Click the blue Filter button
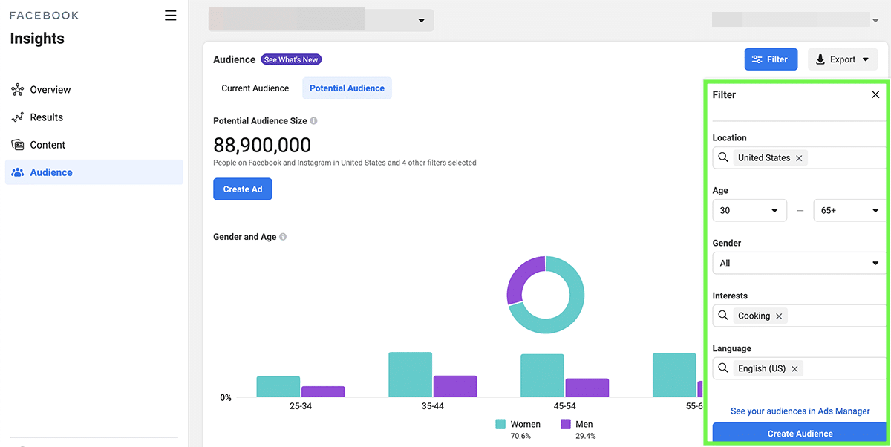click(771, 59)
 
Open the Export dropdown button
click(843, 59)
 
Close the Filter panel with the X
click(875, 94)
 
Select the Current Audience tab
click(255, 88)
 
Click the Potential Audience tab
click(347, 88)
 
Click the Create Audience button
click(800, 434)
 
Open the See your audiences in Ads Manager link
click(800, 411)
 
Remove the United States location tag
click(799, 158)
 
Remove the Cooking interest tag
click(779, 316)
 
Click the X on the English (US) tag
click(794, 369)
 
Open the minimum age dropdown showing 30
click(749, 211)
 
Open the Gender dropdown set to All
click(799, 263)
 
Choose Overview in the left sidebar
click(50, 90)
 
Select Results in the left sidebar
click(46, 117)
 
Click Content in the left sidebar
click(48, 145)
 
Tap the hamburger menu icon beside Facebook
click(171, 16)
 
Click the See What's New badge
click(291, 59)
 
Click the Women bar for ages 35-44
click(410, 375)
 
